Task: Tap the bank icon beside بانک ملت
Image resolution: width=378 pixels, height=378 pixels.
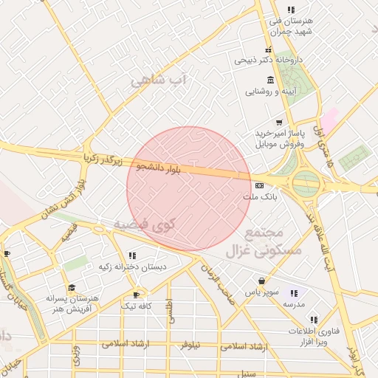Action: coord(259,185)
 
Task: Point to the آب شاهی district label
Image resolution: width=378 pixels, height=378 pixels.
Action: coord(160,80)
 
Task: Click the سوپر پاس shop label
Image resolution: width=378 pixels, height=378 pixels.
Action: coord(263,292)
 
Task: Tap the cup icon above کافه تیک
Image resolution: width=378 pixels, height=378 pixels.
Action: coord(136,295)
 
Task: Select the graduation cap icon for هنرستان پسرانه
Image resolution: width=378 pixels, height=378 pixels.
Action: coord(72,287)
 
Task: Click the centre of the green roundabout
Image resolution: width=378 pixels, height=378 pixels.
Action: coord(306,184)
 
